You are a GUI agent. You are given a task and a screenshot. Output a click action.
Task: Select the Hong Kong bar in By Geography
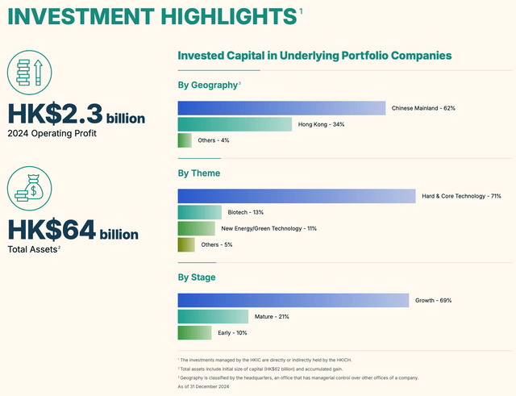coord(235,124)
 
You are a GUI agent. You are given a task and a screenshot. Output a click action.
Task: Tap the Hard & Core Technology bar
coord(294,196)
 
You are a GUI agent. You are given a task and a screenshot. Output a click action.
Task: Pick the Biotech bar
coord(199,212)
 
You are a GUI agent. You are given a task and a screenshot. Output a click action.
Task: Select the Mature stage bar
coord(212,316)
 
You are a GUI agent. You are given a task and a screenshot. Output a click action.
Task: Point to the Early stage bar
coord(194,332)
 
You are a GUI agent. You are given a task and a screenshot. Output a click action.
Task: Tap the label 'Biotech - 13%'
coord(247,212)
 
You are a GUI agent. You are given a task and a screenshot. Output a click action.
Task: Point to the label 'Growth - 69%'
coord(433,300)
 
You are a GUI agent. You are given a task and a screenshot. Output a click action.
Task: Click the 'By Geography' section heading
coord(208,85)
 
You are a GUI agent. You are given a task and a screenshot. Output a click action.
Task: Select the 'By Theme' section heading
coord(198,173)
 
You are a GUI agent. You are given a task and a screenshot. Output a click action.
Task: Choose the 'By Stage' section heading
coord(198,277)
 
